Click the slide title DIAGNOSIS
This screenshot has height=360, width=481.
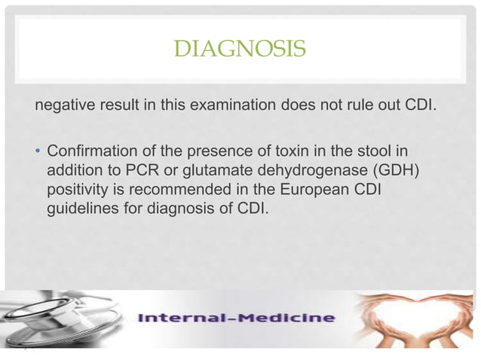[240, 50]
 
